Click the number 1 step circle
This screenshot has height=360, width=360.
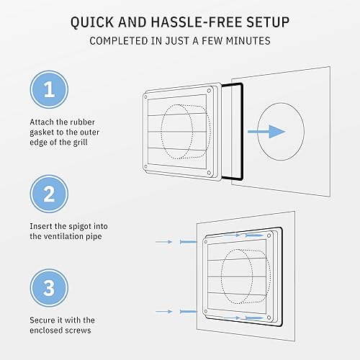pyautogui.click(x=49, y=91)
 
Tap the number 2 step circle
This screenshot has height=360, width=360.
pyautogui.click(x=49, y=194)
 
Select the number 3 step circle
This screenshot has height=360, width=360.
pyautogui.click(x=49, y=289)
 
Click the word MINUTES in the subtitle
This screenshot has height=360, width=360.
pyautogui.click(x=246, y=40)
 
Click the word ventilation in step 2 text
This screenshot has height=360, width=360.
pyautogui.click(x=63, y=237)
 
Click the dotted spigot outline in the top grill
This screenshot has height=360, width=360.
pyautogui.click(x=180, y=133)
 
